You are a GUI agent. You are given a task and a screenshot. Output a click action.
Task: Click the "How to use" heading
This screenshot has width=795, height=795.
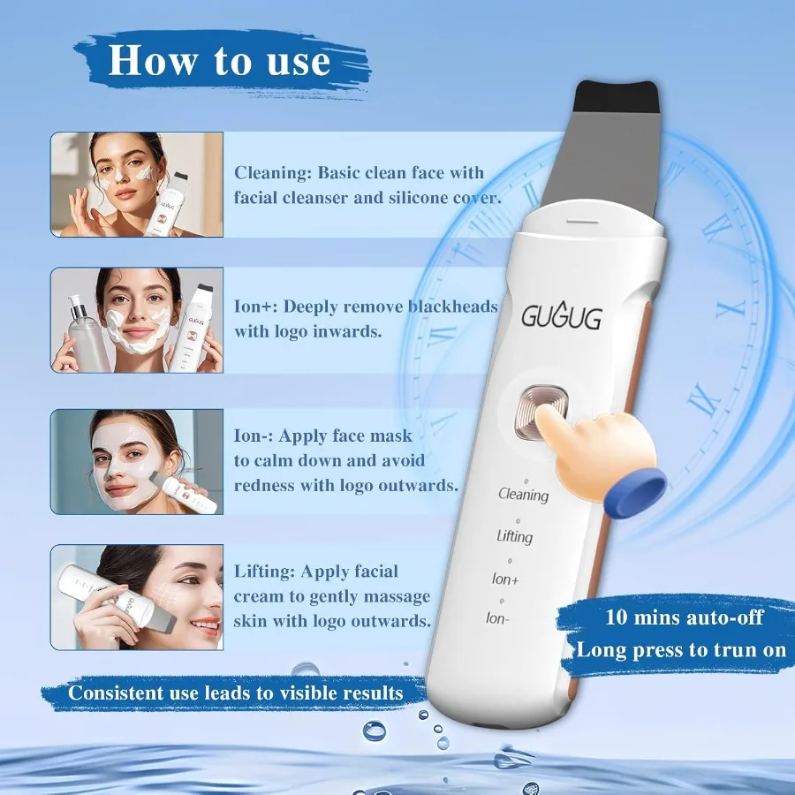219,61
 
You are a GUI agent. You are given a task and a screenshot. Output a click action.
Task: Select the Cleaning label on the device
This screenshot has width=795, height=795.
523,495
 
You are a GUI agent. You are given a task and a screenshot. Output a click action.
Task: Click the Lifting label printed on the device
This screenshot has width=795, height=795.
514,536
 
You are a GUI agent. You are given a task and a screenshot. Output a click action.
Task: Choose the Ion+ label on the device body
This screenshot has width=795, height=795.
505,579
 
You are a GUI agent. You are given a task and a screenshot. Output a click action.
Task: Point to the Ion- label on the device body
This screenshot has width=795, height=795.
497,618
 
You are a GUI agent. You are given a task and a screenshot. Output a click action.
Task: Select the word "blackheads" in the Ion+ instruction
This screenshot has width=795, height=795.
453,307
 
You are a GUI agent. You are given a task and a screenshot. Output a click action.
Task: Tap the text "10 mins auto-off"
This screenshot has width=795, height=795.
685,617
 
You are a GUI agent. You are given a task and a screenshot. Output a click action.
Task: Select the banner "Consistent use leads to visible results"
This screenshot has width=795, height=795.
236,692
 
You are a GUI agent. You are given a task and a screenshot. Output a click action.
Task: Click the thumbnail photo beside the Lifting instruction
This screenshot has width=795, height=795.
137,597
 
